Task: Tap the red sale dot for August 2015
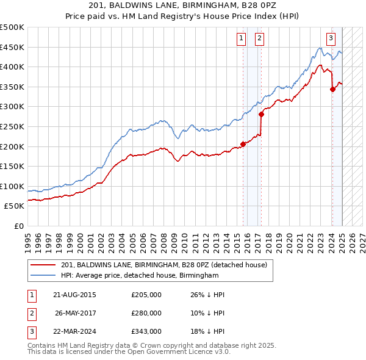click(x=243, y=144)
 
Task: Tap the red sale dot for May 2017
click(x=261, y=114)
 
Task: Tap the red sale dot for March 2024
click(x=332, y=89)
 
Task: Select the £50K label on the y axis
click(x=15, y=206)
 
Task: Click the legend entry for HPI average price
click(x=140, y=276)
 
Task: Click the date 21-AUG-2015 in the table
click(x=74, y=295)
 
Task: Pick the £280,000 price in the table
click(x=146, y=313)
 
